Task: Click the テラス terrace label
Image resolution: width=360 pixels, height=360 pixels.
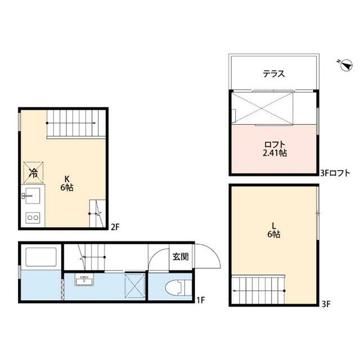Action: [x=273, y=73]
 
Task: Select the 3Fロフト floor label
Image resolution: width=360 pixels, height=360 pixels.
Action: [x=335, y=173]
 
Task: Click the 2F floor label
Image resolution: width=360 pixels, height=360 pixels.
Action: [x=115, y=227]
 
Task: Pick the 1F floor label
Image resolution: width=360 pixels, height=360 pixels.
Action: [x=200, y=300]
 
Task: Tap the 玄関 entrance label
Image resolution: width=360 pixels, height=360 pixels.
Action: [x=181, y=257]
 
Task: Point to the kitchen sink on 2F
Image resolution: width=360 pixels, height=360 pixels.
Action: [x=32, y=197]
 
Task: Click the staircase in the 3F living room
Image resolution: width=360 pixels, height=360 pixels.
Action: [x=259, y=290]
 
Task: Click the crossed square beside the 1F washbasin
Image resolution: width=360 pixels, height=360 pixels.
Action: [x=134, y=285]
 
